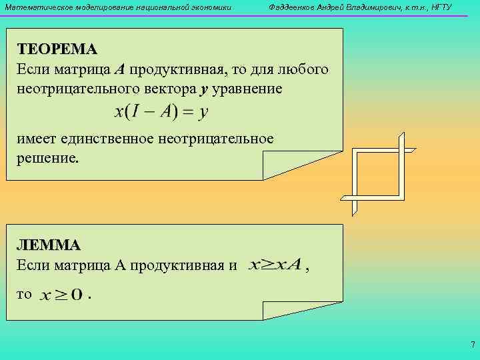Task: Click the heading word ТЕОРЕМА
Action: (57, 49)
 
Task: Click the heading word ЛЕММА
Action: (49, 245)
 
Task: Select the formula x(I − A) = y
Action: (162, 112)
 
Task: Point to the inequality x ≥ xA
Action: (274, 265)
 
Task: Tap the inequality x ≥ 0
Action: (61, 294)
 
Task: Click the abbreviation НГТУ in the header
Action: (441, 7)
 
